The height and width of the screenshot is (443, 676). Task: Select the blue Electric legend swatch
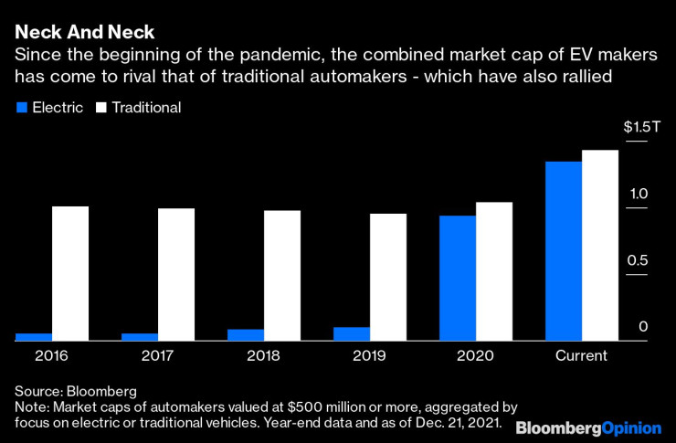[21, 108]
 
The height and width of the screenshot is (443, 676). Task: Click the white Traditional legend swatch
[102, 108]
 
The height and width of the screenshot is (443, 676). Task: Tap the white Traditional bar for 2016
[69, 273]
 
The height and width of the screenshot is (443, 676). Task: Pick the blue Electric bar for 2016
[34, 337]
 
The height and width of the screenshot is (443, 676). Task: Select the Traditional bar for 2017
[175, 274]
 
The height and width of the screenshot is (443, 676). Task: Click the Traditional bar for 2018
[281, 275]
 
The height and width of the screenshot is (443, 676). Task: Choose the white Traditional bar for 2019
[387, 277]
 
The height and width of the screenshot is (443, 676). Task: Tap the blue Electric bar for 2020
[458, 278]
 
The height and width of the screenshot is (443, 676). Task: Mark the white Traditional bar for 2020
[493, 271]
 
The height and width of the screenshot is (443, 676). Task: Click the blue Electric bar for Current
[564, 251]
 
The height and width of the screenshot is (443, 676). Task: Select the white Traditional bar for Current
[599, 245]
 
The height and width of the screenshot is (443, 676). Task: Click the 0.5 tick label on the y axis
[637, 261]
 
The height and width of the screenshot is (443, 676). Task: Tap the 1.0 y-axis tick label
[637, 195]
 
